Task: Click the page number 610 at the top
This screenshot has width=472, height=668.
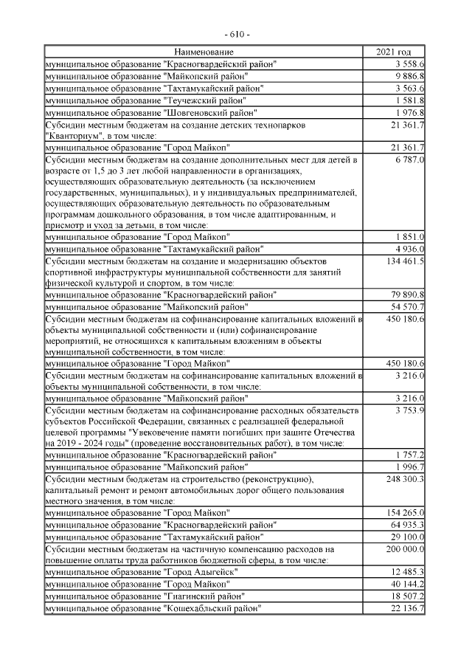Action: [236, 35]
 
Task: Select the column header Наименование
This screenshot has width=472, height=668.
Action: [204, 52]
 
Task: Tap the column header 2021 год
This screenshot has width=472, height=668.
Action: [394, 52]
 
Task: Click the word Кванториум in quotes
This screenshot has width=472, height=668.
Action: [72, 136]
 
